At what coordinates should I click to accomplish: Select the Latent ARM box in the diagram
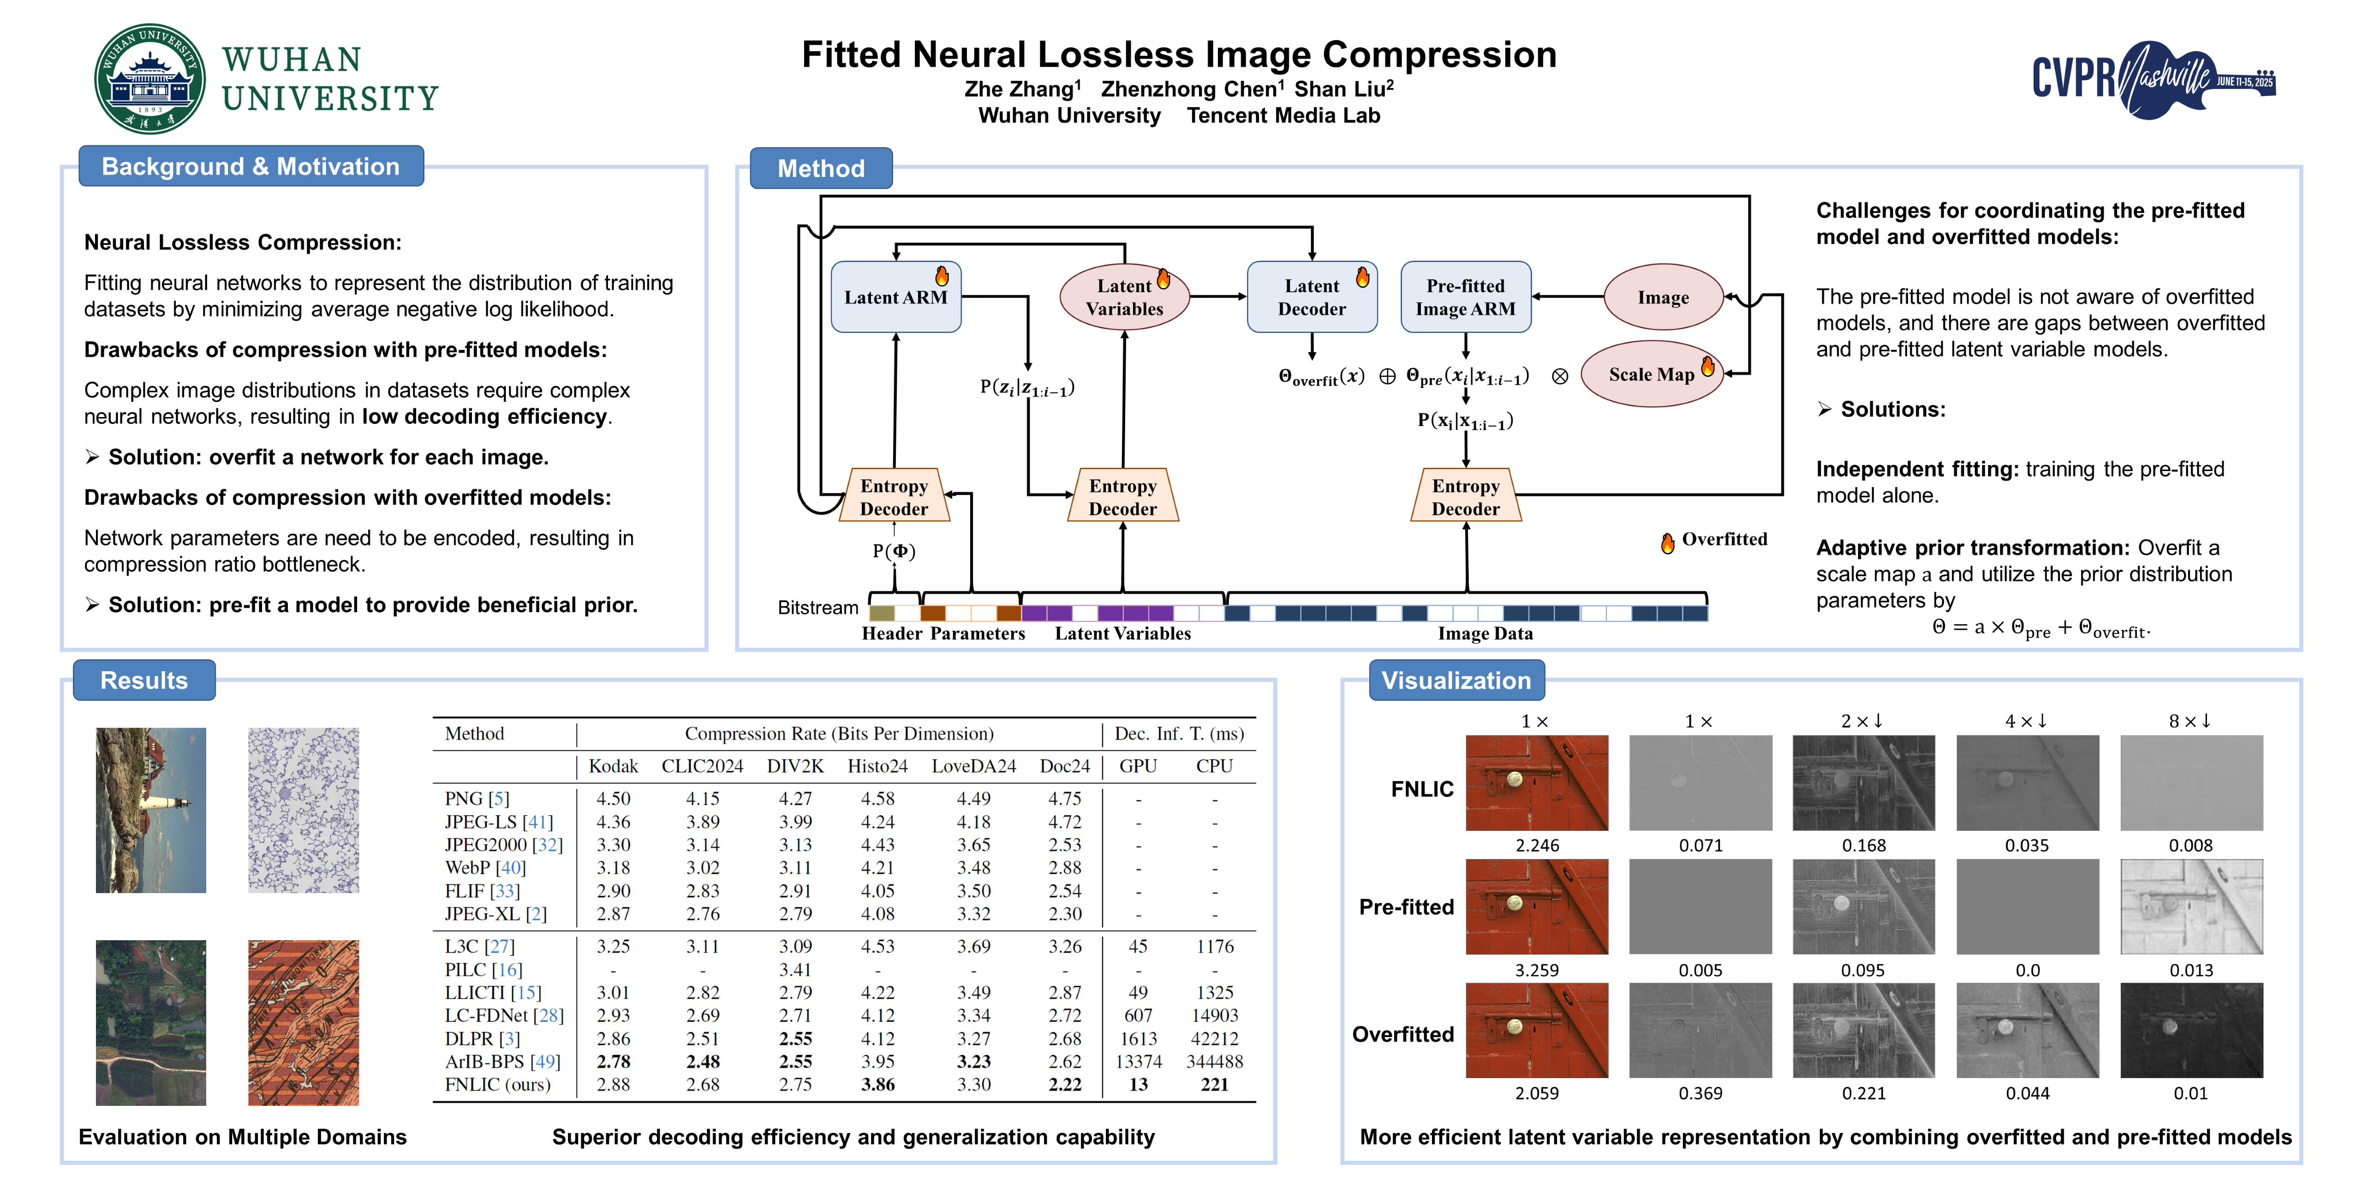point(896,297)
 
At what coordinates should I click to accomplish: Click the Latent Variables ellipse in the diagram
point(1124,297)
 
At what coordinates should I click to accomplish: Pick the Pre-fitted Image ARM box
point(1465,297)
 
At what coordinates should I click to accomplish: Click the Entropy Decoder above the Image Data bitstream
point(1465,497)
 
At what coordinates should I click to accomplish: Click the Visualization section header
point(1456,680)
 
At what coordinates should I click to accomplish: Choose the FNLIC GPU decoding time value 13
point(1138,1085)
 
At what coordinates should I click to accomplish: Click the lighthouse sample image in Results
point(151,811)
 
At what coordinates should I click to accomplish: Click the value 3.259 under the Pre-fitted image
point(1537,970)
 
